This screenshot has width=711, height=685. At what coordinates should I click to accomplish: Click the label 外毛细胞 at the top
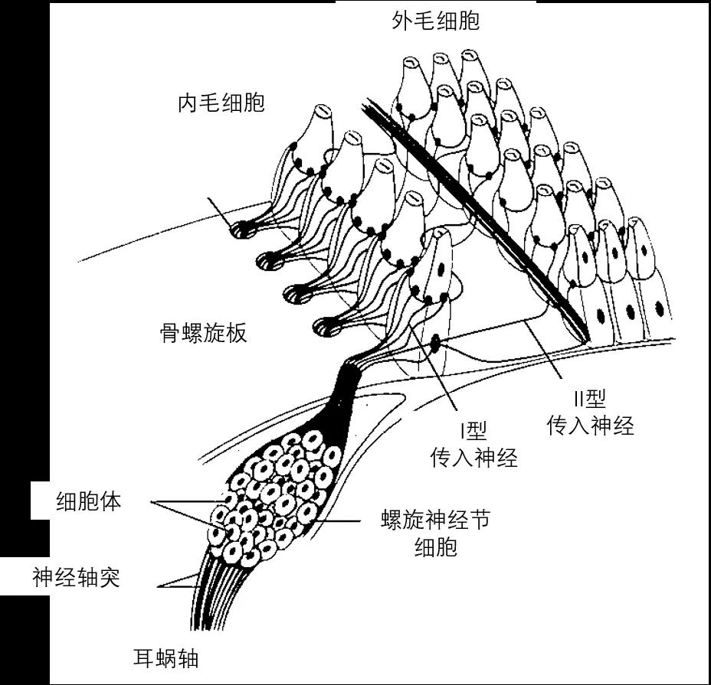(x=435, y=21)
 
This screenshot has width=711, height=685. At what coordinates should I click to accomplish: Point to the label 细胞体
(x=89, y=502)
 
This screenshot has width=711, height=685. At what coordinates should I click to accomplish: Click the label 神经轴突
(x=77, y=577)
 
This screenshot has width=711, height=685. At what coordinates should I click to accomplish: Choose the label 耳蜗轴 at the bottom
(x=165, y=657)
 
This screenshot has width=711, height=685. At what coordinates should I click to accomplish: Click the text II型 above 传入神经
(x=589, y=399)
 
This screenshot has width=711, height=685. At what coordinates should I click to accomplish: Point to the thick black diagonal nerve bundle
(x=475, y=214)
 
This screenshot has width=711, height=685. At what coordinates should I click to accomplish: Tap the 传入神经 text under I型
(x=473, y=458)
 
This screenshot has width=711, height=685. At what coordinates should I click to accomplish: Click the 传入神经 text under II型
(x=590, y=426)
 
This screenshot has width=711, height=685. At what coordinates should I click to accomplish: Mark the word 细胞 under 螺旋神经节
(x=435, y=548)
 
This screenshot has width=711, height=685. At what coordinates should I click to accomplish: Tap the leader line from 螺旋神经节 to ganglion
(x=337, y=521)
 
